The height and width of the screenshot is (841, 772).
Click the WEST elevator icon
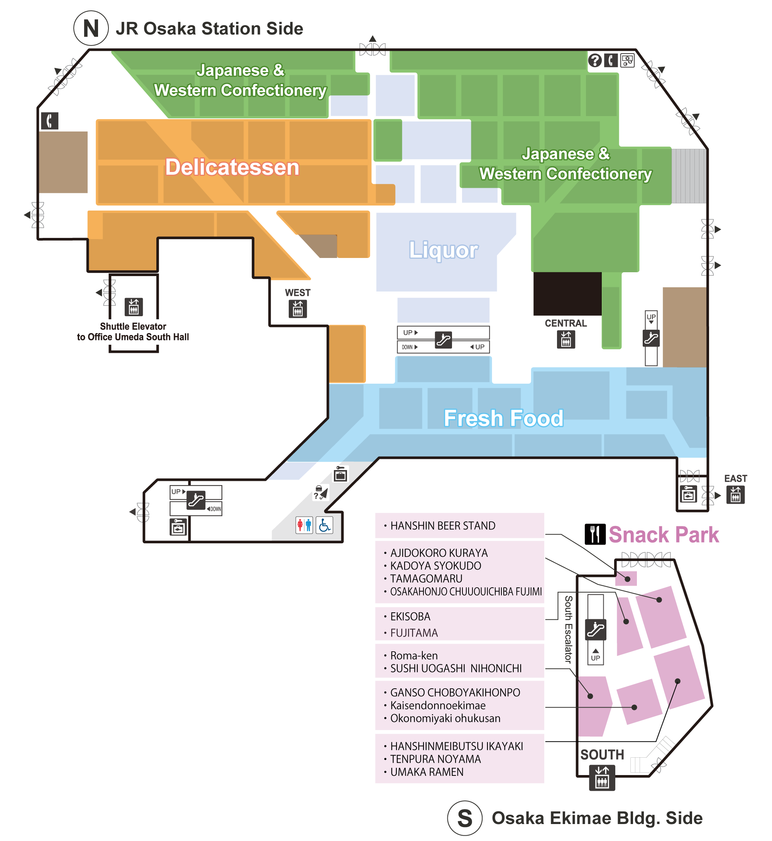tap(298, 309)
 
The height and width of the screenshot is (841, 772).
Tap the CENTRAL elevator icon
tap(565, 339)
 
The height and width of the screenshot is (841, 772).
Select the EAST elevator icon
tap(735, 495)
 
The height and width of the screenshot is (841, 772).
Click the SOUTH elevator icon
tap(602, 777)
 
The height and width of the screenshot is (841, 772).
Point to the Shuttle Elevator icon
tap(134, 307)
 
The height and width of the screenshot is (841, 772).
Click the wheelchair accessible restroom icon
tap(324, 525)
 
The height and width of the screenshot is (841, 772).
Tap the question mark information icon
tap(595, 61)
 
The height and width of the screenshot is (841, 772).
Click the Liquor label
tap(443, 250)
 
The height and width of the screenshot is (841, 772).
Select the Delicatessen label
tap(232, 167)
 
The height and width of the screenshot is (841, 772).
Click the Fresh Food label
tap(503, 418)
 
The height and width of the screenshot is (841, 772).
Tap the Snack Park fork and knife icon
tap(595, 534)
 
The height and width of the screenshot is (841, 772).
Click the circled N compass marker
tap(91, 29)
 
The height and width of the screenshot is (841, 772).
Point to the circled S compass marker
tap(464, 818)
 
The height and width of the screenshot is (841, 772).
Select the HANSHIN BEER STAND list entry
tap(443, 526)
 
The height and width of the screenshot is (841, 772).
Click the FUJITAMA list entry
tap(413, 633)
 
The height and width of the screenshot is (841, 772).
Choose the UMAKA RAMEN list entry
tap(427, 772)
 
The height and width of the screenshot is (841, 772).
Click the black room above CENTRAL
tap(567, 294)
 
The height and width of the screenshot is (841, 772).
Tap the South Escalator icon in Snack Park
tap(596, 630)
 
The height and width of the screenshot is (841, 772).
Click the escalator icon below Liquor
tap(443, 340)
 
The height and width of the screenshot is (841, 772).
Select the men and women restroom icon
tap(304, 525)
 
